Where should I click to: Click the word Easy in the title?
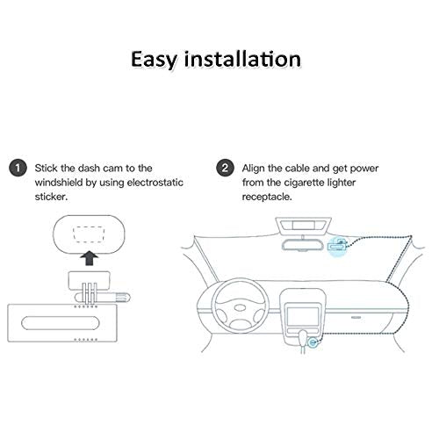click(154, 61)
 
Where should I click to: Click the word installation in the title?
click(242, 59)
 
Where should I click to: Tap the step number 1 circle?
click(18, 168)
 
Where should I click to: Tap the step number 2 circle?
click(225, 168)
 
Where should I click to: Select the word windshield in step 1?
click(59, 183)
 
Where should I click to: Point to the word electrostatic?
click(155, 183)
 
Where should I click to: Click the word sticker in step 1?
click(51, 197)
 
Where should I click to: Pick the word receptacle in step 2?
click(267, 197)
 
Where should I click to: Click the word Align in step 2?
click(254, 169)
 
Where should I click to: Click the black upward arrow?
click(90, 258)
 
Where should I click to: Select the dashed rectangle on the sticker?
click(89, 234)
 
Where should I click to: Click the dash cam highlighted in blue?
click(338, 245)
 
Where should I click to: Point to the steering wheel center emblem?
click(240, 308)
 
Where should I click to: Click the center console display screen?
click(303, 316)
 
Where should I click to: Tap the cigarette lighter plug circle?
click(313, 342)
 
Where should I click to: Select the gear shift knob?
click(303, 336)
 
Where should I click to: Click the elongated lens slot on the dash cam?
click(61, 323)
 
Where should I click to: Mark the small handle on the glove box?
click(356, 317)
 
